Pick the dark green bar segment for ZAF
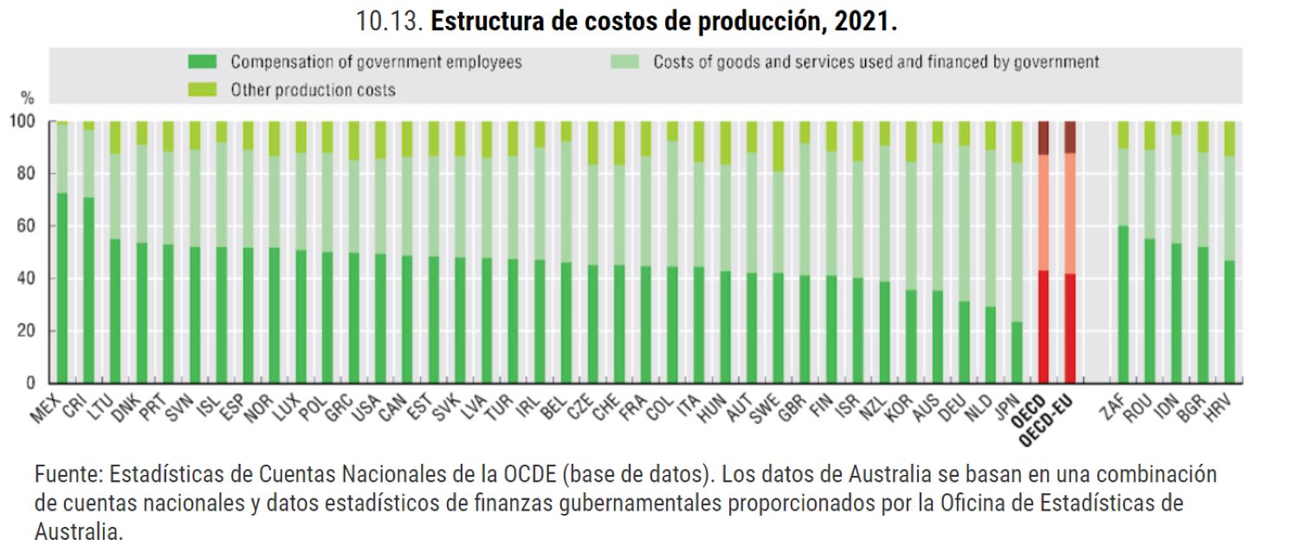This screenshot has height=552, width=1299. click(x=1123, y=304)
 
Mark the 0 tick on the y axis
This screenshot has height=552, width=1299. click(x=31, y=382)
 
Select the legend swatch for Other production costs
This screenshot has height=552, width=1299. click(x=202, y=89)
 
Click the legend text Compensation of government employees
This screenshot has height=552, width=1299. click(x=376, y=62)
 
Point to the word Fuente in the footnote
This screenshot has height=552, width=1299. click(x=62, y=475)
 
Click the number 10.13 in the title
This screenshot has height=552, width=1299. click(x=389, y=22)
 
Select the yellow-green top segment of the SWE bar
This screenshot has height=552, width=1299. click(x=778, y=146)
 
